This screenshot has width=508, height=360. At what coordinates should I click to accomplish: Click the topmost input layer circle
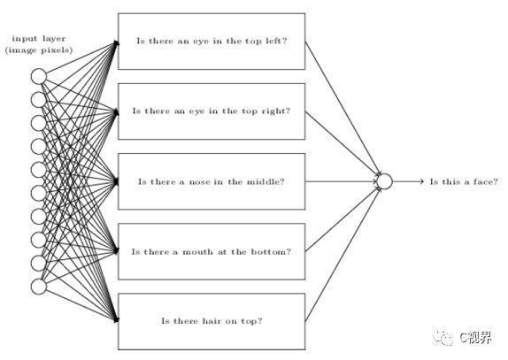click(x=39, y=76)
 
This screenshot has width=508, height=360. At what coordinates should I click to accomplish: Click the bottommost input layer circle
click(x=39, y=287)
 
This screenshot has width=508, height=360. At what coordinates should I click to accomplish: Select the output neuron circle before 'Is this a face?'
click(x=385, y=181)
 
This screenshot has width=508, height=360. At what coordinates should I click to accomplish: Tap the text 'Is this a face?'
click(x=464, y=181)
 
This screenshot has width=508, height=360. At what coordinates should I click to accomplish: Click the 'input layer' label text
click(x=39, y=39)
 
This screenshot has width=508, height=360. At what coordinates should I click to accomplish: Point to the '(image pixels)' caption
click(x=39, y=50)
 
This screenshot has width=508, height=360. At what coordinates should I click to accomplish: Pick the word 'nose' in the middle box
click(x=199, y=181)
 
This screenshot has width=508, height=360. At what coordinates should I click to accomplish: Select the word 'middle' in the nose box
click(x=263, y=181)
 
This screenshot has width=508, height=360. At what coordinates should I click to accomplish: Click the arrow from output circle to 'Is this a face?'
click(x=408, y=181)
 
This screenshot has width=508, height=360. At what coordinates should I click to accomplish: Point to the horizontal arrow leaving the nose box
click(x=341, y=181)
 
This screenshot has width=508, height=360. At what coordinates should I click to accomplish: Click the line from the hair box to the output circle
click(x=343, y=255)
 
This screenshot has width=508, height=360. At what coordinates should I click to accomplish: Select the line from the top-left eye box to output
click(x=343, y=108)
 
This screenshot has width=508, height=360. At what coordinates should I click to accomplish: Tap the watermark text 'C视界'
click(x=475, y=338)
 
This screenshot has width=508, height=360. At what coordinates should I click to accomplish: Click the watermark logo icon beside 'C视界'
click(x=443, y=338)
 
